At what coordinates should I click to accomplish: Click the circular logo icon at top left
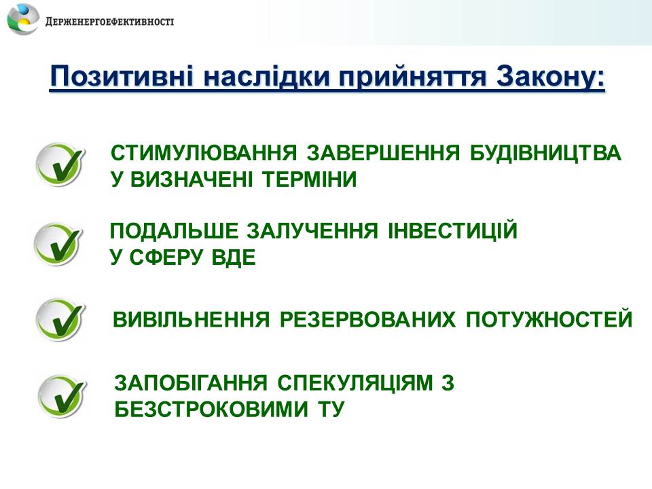click(23, 19)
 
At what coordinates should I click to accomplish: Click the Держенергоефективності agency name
click(109, 22)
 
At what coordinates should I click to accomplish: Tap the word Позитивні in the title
click(122, 76)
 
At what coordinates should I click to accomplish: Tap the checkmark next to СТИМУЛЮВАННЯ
click(60, 164)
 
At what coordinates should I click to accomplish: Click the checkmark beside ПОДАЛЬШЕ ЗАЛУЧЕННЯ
click(58, 244)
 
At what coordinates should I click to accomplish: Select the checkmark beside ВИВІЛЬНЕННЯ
click(60, 320)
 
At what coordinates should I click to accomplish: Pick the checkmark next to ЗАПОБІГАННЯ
click(62, 396)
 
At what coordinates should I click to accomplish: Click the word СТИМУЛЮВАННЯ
click(204, 153)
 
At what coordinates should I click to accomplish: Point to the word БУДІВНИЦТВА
click(545, 153)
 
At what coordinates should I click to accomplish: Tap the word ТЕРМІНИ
click(310, 179)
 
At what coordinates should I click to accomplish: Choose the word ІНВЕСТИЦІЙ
click(452, 230)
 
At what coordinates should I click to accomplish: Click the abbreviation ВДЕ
click(233, 257)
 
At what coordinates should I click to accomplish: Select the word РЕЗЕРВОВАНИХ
click(367, 320)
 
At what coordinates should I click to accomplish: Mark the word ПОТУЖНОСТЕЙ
click(549, 319)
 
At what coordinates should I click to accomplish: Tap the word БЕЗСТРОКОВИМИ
click(211, 409)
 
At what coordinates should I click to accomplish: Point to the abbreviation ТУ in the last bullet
click(331, 409)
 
